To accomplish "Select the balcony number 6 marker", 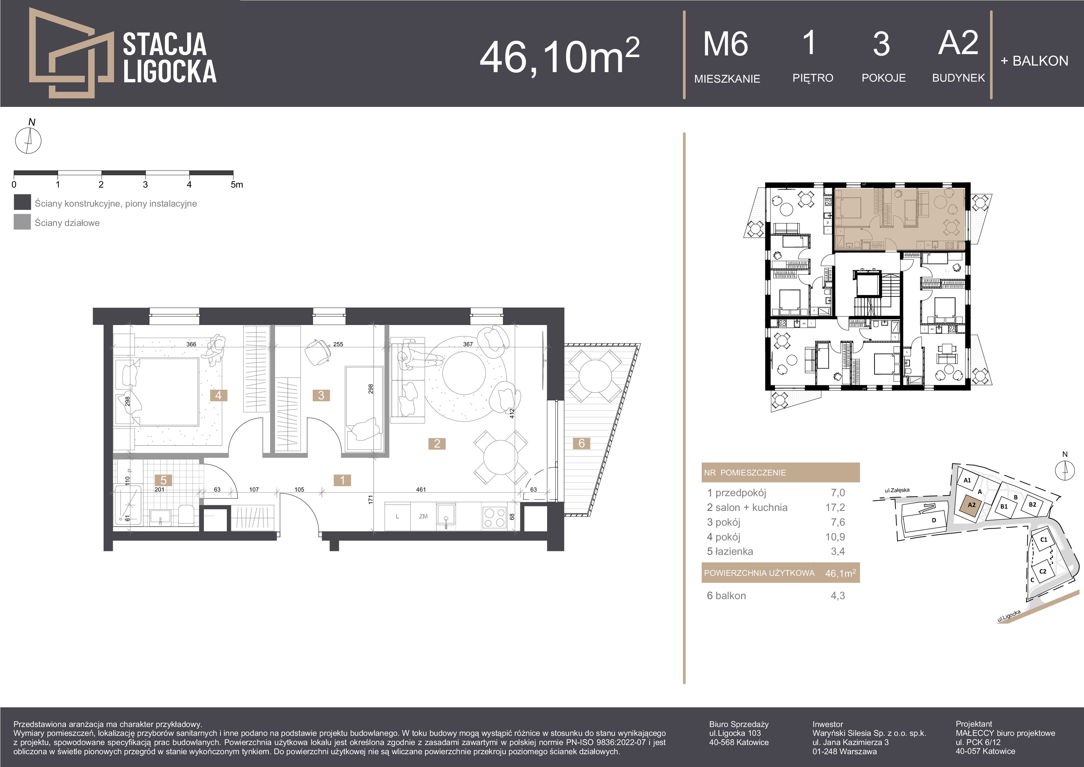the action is (581, 443).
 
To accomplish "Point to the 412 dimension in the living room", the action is (512, 414).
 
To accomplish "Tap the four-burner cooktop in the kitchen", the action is (494, 517).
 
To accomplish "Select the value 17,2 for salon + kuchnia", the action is (835, 508).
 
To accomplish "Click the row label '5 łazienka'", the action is (730, 552).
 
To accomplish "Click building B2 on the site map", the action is (1033, 504).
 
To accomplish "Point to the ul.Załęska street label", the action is (897, 490).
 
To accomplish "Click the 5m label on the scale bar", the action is (237, 185).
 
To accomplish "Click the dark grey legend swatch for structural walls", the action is (22, 202).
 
